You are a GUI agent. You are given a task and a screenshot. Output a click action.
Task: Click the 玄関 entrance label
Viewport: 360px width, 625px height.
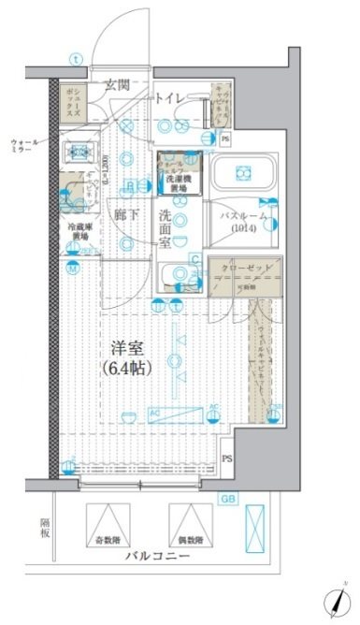[x=117, y=85]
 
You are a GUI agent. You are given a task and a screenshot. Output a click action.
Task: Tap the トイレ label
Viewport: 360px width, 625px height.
[x=168, y=95]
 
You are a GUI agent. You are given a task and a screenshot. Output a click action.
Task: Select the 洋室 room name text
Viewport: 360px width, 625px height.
[x=129, y=346]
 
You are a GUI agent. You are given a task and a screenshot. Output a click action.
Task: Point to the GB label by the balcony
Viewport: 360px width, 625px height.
[x=227, y=499]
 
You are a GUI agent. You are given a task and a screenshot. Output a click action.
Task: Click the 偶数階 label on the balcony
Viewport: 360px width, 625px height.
[x=190, y=541]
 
